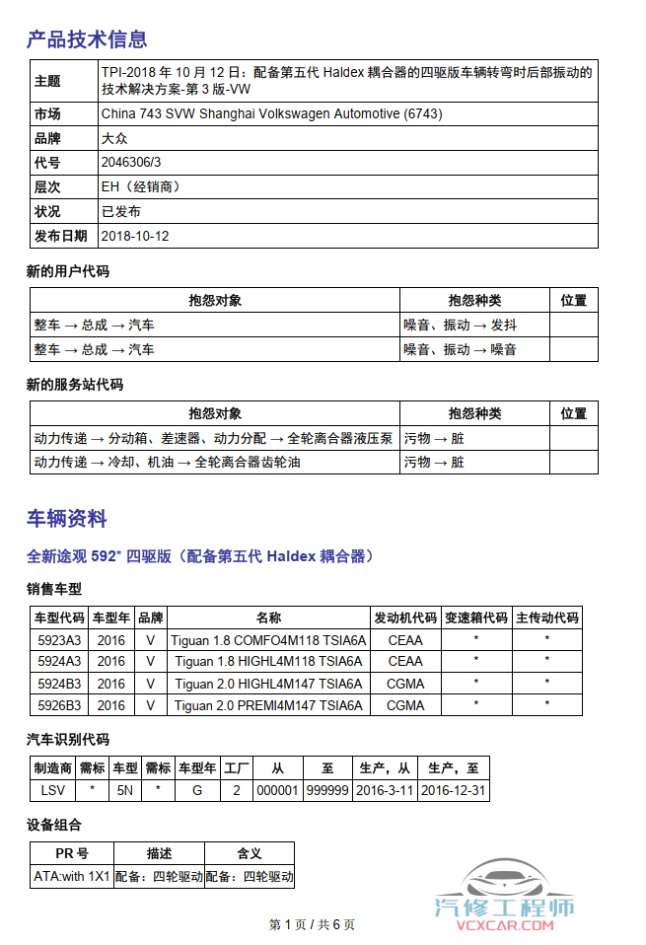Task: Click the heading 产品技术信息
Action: click(87, 39)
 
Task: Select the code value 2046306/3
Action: click(131, 163)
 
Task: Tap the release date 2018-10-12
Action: click(135, 237)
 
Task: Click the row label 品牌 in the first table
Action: click(47, 138)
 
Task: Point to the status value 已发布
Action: click(121, 212)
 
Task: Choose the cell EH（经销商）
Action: click(141, 187)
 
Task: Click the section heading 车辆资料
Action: click(66, 519)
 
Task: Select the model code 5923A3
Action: click(59, 640)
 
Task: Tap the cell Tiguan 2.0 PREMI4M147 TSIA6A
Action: click(268, 706)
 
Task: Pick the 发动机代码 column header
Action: click(404, 618)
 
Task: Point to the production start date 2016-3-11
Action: click(385, 791)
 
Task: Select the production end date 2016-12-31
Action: click(453, 791)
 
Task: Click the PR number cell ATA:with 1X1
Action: click(72, 876)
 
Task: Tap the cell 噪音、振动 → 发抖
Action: click(461, 325)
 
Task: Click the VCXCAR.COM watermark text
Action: click(504, 925)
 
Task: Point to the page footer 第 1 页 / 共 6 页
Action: click(312, 925)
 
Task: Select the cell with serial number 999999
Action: click(326, 791)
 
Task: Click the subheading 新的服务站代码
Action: click(75, 385)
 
